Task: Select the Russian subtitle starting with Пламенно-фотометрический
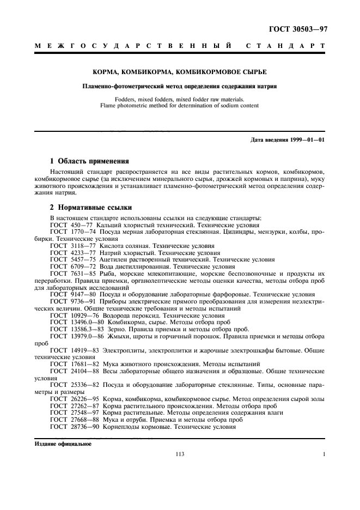179,86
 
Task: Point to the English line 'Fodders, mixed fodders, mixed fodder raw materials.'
179,99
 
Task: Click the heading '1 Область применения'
89,161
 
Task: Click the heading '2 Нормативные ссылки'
89,208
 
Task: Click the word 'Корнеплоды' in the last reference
118,427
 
